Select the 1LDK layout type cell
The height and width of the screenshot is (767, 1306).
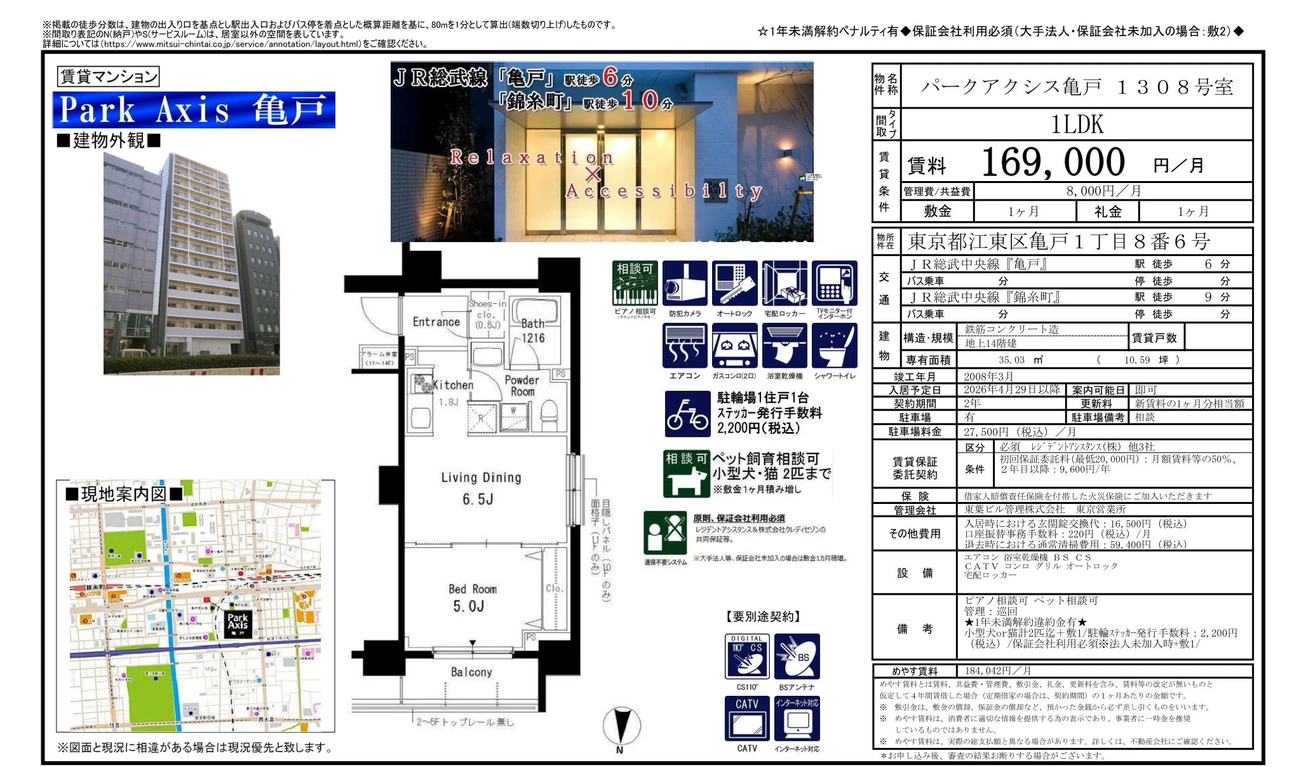coord(1077,124)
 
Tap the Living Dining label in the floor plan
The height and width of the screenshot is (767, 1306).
coord(481,478)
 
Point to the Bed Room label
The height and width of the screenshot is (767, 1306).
coord(473,589)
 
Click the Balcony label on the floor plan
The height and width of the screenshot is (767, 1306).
coord(471,672)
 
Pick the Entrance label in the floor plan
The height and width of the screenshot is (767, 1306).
coord(436,322)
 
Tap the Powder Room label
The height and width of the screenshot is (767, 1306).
coord(522,385)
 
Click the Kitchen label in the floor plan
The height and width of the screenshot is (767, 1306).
coord(453,385)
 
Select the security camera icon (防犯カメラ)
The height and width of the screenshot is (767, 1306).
coord(685,283)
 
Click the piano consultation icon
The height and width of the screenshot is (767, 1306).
coord(635,283)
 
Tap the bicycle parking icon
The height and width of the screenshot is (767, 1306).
coord(687,414)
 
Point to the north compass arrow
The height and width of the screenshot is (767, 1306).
coord(621,727)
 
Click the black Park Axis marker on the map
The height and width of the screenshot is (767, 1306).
coord(238,623)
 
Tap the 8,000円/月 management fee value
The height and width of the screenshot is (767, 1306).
coord(1103,191)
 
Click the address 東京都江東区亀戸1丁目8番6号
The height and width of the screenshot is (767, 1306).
coord(1059,241)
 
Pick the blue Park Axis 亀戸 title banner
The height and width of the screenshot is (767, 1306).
coord(194,110)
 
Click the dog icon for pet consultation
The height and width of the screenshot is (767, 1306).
coord(686,474)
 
